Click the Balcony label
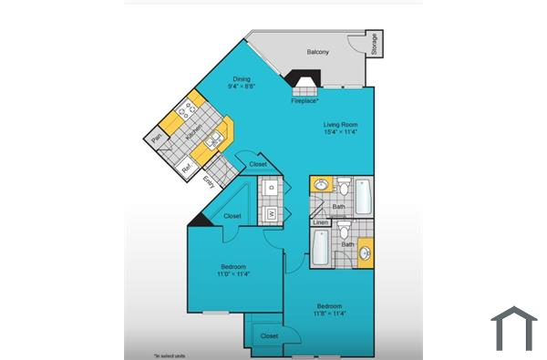tap(317, 52)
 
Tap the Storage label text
tap(375, 44)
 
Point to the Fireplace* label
tap(304, 100)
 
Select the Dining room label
tap(242, 79)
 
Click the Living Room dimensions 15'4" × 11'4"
tap(340, 132)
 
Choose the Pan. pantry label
tap(157, 139)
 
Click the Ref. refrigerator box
tap(187, 167)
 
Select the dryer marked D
tap(272, 189)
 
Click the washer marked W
tap(272, 215)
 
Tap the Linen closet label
tap(319, 222)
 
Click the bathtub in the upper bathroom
tap(364, 193)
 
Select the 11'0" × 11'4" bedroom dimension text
tap(232, 273)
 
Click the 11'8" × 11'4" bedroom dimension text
tap(330, 314)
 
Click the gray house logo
tap(513, 329)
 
